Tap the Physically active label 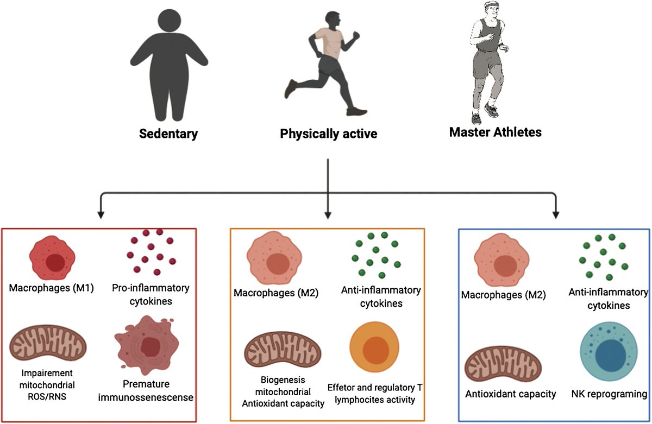coord(328,134)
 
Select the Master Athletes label coord(495,131)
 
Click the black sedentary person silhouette coord(167,65)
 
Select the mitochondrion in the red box coord(49,344)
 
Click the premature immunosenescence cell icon coord(148,345)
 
